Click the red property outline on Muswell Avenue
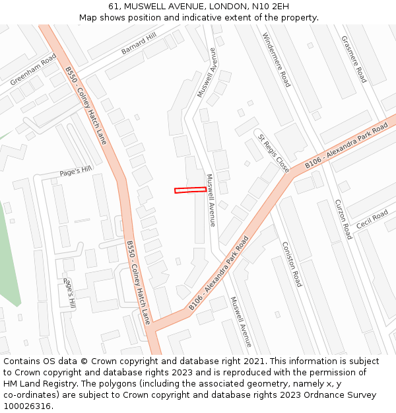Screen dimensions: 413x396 click(x=190, y=190)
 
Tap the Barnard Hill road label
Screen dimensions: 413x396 click(x=139, y=44)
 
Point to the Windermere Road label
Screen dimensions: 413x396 click(x=276, y=60)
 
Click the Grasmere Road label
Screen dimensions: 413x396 click(x=353, y=59)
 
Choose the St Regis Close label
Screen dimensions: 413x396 click(x=273, y=153)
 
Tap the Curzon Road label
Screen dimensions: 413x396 click(x=343, y=219)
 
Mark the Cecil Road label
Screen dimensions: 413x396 click(x=372, y=219)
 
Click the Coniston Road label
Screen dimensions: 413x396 click(x=291, y=264)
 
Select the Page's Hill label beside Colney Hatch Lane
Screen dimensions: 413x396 click(x=76, y=170)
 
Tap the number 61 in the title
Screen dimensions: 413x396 click(x=114, y=6)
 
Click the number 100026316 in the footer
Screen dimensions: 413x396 click(x=27, y=406)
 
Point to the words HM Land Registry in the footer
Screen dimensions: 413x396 click(x=38, y=384)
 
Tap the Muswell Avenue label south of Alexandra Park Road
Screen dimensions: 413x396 click(x=241, y=321)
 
